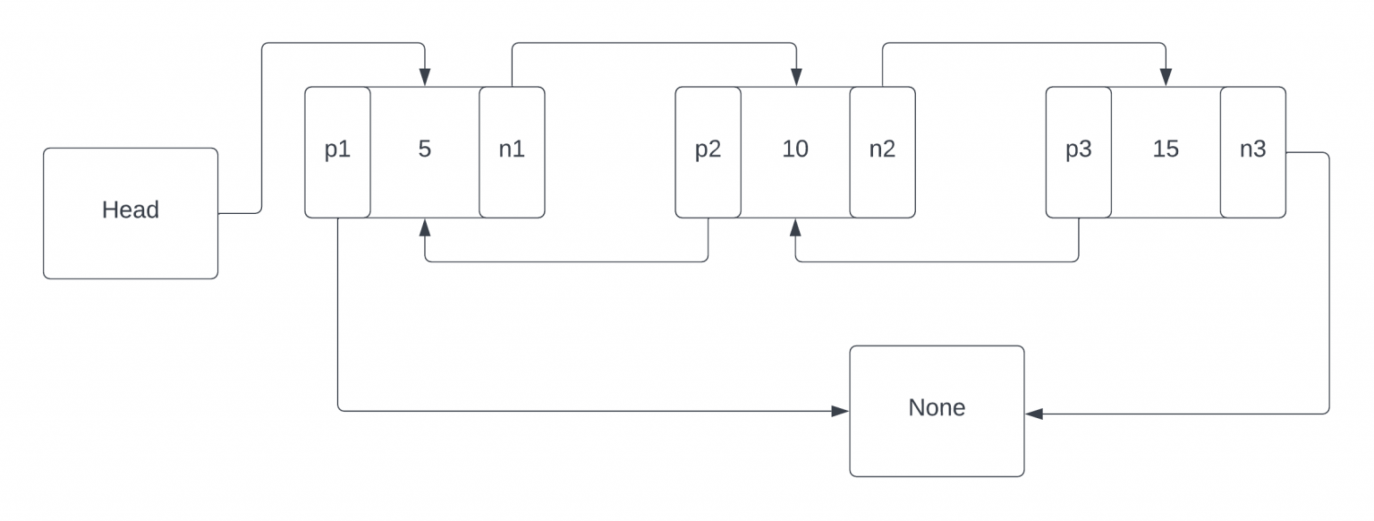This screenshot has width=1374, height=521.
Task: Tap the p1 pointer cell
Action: point(337,151)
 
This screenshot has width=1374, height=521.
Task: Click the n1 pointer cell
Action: point(512,151)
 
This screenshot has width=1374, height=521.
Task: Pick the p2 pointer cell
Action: point(708,151)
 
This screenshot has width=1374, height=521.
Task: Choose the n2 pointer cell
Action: point(882,151)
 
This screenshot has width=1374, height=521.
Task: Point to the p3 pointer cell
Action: point(1078,151)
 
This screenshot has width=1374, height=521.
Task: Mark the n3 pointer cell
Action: point(1252,151)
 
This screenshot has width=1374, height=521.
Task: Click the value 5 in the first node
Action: point(425,149)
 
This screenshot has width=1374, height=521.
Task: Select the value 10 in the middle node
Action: point(795,149)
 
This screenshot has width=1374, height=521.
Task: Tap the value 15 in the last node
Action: point(1166,149)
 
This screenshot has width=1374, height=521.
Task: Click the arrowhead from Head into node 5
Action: point(425,79)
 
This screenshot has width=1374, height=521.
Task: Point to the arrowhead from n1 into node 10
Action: point(795,79)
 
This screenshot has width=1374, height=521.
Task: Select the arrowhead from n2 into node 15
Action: point(1166,79)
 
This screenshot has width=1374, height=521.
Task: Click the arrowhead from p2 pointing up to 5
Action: point(425,226)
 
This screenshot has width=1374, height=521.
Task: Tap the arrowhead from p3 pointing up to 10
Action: point(795,226)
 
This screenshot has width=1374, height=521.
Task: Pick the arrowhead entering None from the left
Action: point(841,411)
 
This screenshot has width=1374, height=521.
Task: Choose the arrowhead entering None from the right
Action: point(1033,414)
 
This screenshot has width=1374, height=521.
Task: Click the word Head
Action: point(131,209)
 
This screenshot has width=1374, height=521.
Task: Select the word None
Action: point(937,407)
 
